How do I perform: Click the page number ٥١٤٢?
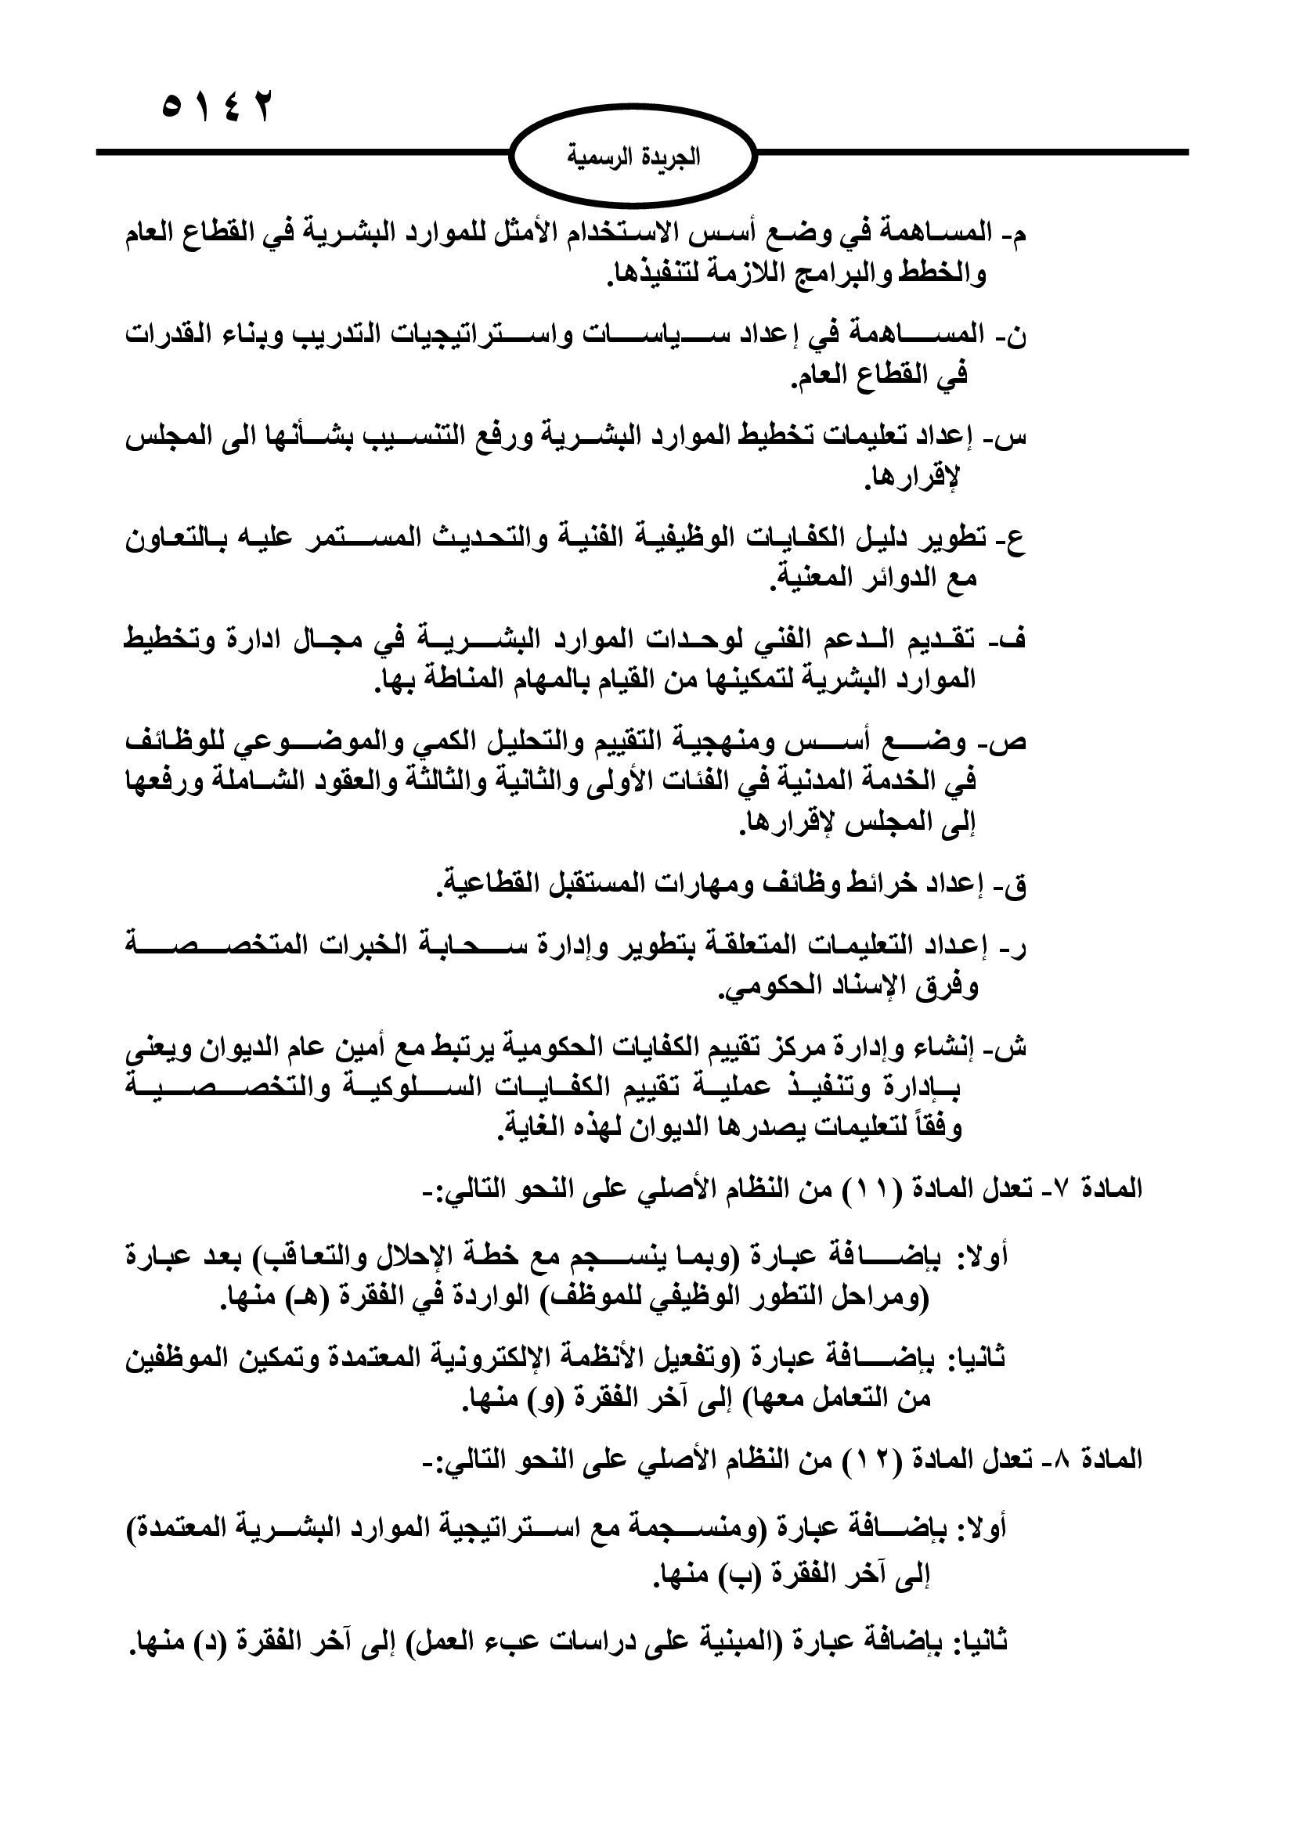click(x=217, y=107)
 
